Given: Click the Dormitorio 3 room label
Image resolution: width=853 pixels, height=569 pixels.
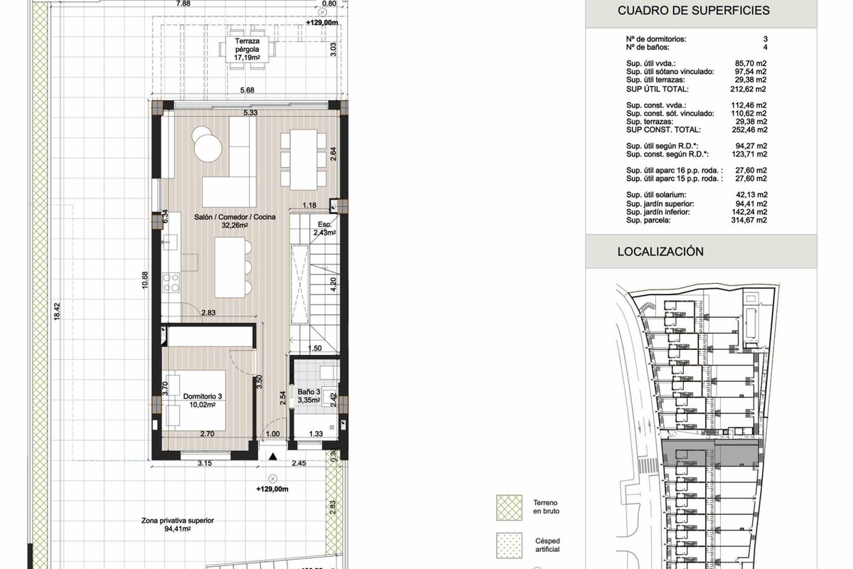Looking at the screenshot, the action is [202, 400].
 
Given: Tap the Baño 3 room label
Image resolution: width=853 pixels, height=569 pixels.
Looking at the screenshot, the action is [309, 396].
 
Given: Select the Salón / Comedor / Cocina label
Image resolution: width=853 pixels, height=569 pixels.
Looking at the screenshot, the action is [235, 221].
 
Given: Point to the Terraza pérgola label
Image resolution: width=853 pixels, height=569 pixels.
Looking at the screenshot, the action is [247, 50].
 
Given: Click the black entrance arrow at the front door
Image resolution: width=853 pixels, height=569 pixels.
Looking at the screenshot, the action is [273, 456].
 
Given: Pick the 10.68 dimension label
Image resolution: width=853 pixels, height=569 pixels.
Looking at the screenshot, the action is [145, 280].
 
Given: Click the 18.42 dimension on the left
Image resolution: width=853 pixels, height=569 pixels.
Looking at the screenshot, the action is [57, 312].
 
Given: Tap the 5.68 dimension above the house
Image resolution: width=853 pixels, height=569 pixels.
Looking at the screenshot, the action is [247, 90].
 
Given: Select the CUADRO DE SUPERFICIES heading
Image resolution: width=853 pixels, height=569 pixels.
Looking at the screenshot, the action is [694, 11].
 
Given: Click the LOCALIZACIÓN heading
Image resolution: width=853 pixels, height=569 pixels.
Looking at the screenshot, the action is [660, 252].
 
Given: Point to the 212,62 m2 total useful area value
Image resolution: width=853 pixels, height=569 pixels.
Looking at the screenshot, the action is [749, 89].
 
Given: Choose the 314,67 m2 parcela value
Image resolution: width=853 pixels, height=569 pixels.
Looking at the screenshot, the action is [749, 220].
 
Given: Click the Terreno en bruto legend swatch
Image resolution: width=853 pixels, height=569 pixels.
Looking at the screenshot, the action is [509, 508].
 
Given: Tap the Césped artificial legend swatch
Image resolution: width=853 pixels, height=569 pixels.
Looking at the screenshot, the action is [509, 546].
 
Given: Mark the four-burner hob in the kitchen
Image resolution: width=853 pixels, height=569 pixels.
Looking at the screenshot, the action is [171, 282].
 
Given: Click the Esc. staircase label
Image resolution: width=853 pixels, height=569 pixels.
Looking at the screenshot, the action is [324, 228].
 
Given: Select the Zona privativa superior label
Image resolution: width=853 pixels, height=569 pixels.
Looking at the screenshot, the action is [178, 524].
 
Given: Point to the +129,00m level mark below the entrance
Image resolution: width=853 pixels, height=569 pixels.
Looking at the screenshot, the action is [272, 489].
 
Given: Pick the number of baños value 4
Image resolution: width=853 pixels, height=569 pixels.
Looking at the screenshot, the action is [766, 47].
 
